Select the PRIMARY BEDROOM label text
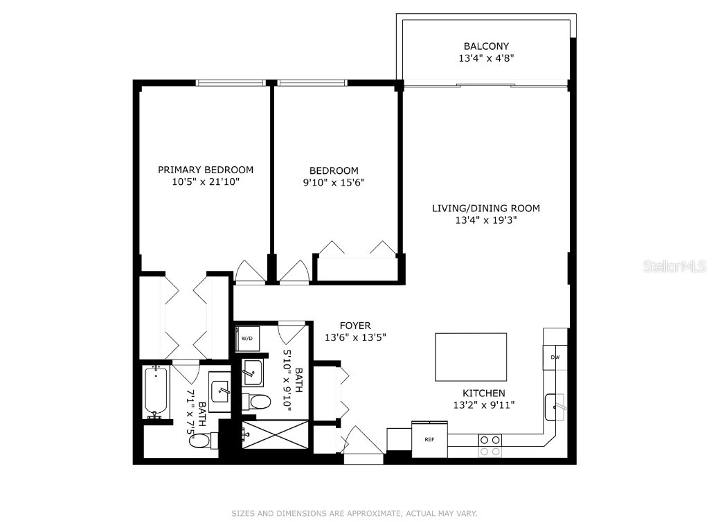tap(206, 170)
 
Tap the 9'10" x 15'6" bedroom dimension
tap(334, 183)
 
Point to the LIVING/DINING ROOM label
tap(486, 208)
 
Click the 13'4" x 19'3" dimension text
tap(486, 220)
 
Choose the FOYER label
tap(355, 326)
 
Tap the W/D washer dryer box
tap(246, 339)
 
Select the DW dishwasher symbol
tap(555, 357)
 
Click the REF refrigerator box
tap(429, 439)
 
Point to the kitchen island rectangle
tap(471, 357)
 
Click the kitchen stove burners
tap(491, 445)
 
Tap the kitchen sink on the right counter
tap(556, 407)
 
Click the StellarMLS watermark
tap(674, 266)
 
